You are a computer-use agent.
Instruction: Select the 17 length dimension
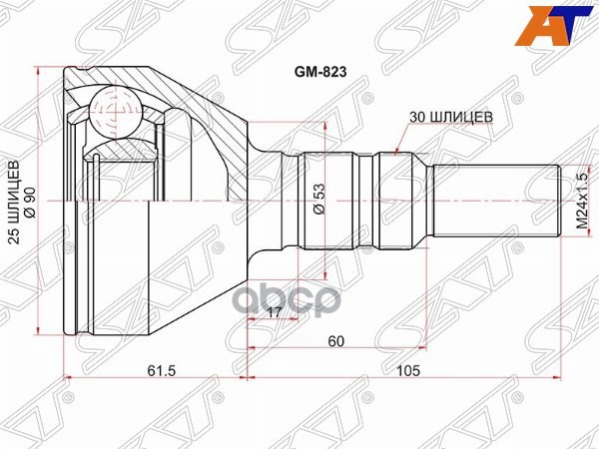[273, 311]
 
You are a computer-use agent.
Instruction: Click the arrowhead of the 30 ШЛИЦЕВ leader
[398, 152]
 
